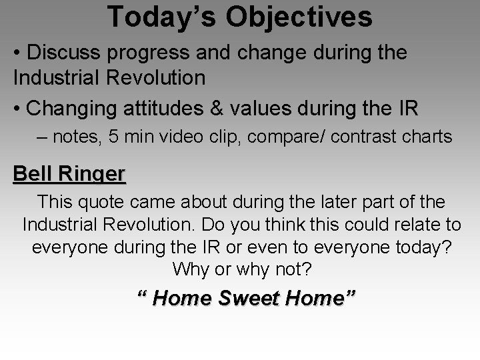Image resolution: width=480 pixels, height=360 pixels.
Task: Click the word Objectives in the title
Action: pos(299,17)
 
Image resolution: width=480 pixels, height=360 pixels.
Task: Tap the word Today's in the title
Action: pos(161,17)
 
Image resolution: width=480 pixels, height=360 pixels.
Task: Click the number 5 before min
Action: pos(115,137)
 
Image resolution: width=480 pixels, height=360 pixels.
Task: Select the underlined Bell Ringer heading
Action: pos(69,174)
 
